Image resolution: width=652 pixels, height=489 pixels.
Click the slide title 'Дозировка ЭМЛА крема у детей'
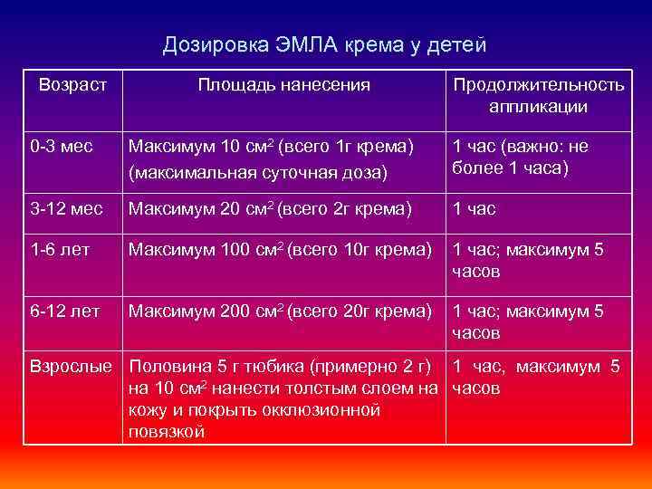click(x=325, y=44)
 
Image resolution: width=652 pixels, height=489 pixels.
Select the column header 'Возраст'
click(x=73, y=85)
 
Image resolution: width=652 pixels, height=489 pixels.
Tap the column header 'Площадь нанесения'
click(x=284, y=85)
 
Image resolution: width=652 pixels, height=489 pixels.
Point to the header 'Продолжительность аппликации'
click(x=538, y=96)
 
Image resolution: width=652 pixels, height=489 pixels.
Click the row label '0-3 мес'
click(x=62, y=146)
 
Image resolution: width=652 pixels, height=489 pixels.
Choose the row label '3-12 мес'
click(x=66, y=209)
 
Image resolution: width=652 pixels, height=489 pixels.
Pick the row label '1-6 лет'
click(x=60, y=250)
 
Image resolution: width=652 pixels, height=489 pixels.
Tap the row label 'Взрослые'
click(x=72, y=368)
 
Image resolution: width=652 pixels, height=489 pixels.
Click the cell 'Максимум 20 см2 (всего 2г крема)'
click(x=271, y=209)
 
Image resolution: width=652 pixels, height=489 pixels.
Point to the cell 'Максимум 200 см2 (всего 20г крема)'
click(x=280, y=312)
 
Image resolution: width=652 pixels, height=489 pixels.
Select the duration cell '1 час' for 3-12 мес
click(x=475, y=209)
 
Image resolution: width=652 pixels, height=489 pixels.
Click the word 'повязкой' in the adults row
click(x=168, y=432)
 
